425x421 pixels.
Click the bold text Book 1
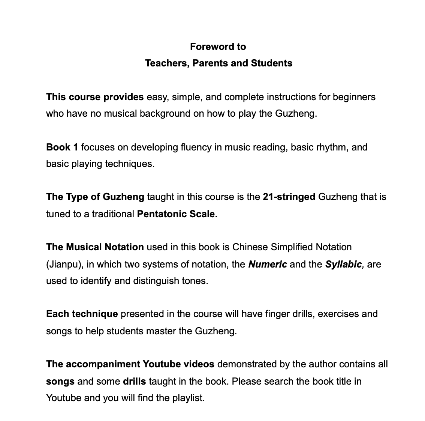click(62, 147)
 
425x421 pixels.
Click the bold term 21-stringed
click(289, 197)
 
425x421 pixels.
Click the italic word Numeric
click(268, 264)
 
